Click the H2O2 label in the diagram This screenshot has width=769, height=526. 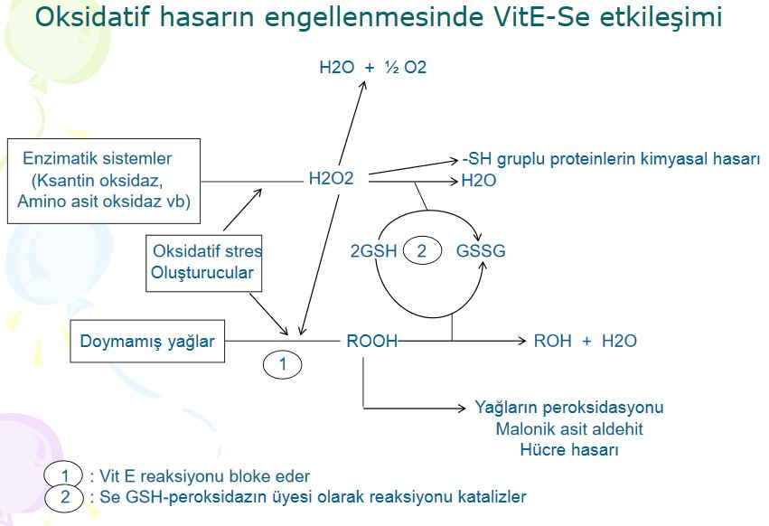coord(331,180)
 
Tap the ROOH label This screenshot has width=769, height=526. coord(371,342)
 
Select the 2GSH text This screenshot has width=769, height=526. coord(373,251)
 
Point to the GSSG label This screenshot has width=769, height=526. coord(481,251)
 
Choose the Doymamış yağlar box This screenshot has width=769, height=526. coord(147,342)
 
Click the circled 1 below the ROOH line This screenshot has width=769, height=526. coord(283,365)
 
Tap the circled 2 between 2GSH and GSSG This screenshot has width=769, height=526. coord(421,251)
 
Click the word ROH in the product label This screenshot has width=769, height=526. coord(552,342)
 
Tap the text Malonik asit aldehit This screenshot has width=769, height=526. coord(569,429)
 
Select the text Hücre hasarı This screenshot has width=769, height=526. coord(569,450)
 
